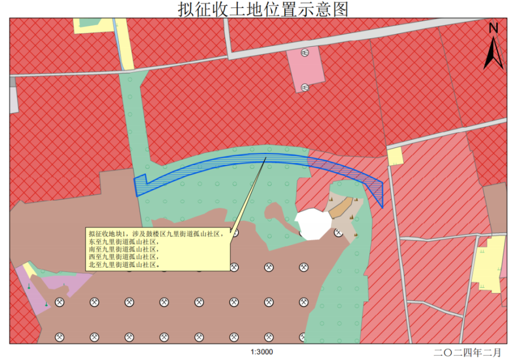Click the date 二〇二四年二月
click(467, 352)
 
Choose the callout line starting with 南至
click(123, 248)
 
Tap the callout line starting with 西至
click(123, 256)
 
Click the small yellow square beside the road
click(395, 156)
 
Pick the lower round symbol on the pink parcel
click(305, 87)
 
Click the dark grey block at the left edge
click(12, 82)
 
